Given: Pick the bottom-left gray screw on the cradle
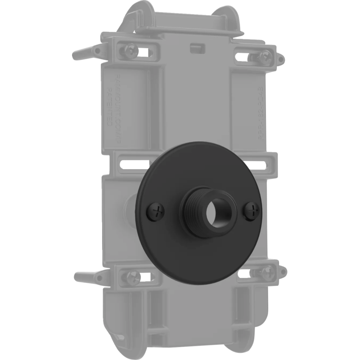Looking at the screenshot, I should [x=130, y=275].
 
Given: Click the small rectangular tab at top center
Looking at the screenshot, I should [x=196, y=47].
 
